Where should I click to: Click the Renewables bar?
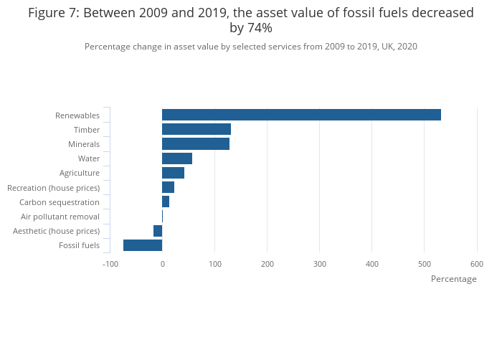(x=301, y=115)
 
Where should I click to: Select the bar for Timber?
(x=196, y=129)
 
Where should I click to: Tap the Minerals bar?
(x=196, y=144)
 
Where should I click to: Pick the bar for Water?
(x=177, y=158)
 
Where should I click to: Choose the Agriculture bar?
(x=173, y=173)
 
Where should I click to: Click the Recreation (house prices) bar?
(x=168, y=187)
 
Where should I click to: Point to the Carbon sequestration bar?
(x=166, y=202)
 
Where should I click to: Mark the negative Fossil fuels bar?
(x=143, y=245)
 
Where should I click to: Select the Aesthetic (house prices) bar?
(x=158, y=231)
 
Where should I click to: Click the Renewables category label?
(x=77, y=115)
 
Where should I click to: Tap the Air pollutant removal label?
(x=60, y=217)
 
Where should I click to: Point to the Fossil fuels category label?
(x=79, y=246)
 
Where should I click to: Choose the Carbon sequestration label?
(x=60, y=202)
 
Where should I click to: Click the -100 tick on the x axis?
(x=110, y=264)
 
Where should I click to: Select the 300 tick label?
(x=320, y=264)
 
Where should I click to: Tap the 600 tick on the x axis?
(x=477, y=264)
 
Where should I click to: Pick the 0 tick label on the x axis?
(x=163, y=264)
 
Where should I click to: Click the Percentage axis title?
(x=453, y=279)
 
